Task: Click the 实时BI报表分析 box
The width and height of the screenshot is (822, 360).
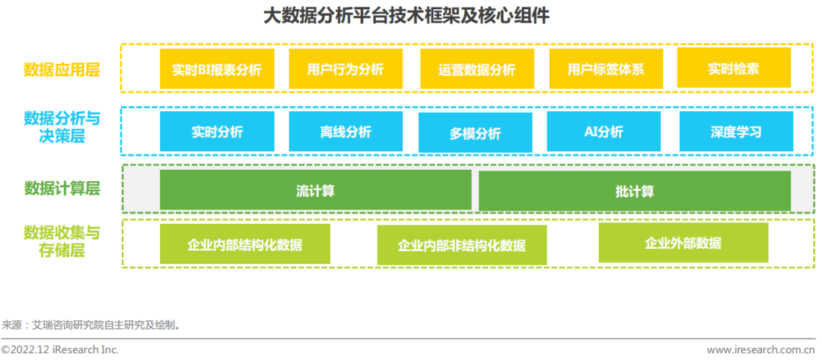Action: click(x=217, y=68)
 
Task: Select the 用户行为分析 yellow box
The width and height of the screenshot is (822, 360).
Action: click(x=346, y=68)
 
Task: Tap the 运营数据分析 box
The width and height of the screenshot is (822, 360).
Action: click(x=477, y=68)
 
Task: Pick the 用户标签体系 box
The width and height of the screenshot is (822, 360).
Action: click(x=606, y=68)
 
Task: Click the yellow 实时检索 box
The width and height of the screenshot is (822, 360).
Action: click(x=734, y=68)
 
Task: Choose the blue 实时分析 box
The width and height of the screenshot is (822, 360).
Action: click(x=217, y=132)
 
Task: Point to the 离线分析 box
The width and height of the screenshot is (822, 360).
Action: click(x=346, y=132)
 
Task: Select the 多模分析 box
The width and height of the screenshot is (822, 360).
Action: click(x=476, y=132)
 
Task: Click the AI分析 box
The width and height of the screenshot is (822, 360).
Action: click(x=604, y=132)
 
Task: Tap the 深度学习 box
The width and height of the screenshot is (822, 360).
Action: click(x=737, y=132)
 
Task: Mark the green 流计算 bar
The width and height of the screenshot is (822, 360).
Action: click(x=316, y=190)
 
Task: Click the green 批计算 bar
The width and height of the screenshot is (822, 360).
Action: click(x=635, y=191)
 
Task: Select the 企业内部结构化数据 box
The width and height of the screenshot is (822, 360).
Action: click(x=245, y=244)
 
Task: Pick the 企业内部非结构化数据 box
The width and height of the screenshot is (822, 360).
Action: click(x=462, y=245)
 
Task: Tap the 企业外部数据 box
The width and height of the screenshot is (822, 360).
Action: click(x=683, y=243)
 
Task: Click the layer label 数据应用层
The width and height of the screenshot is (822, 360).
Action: click(x=62, y=70)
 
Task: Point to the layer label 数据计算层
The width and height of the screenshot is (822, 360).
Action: click(x=62, y=189)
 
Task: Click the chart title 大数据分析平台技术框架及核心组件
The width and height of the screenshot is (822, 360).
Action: click(x=406, y=15)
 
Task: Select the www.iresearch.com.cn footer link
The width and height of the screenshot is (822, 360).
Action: click(x=760, y=349)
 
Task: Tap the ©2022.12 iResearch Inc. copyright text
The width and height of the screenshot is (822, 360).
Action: click(x=60, y=349)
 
